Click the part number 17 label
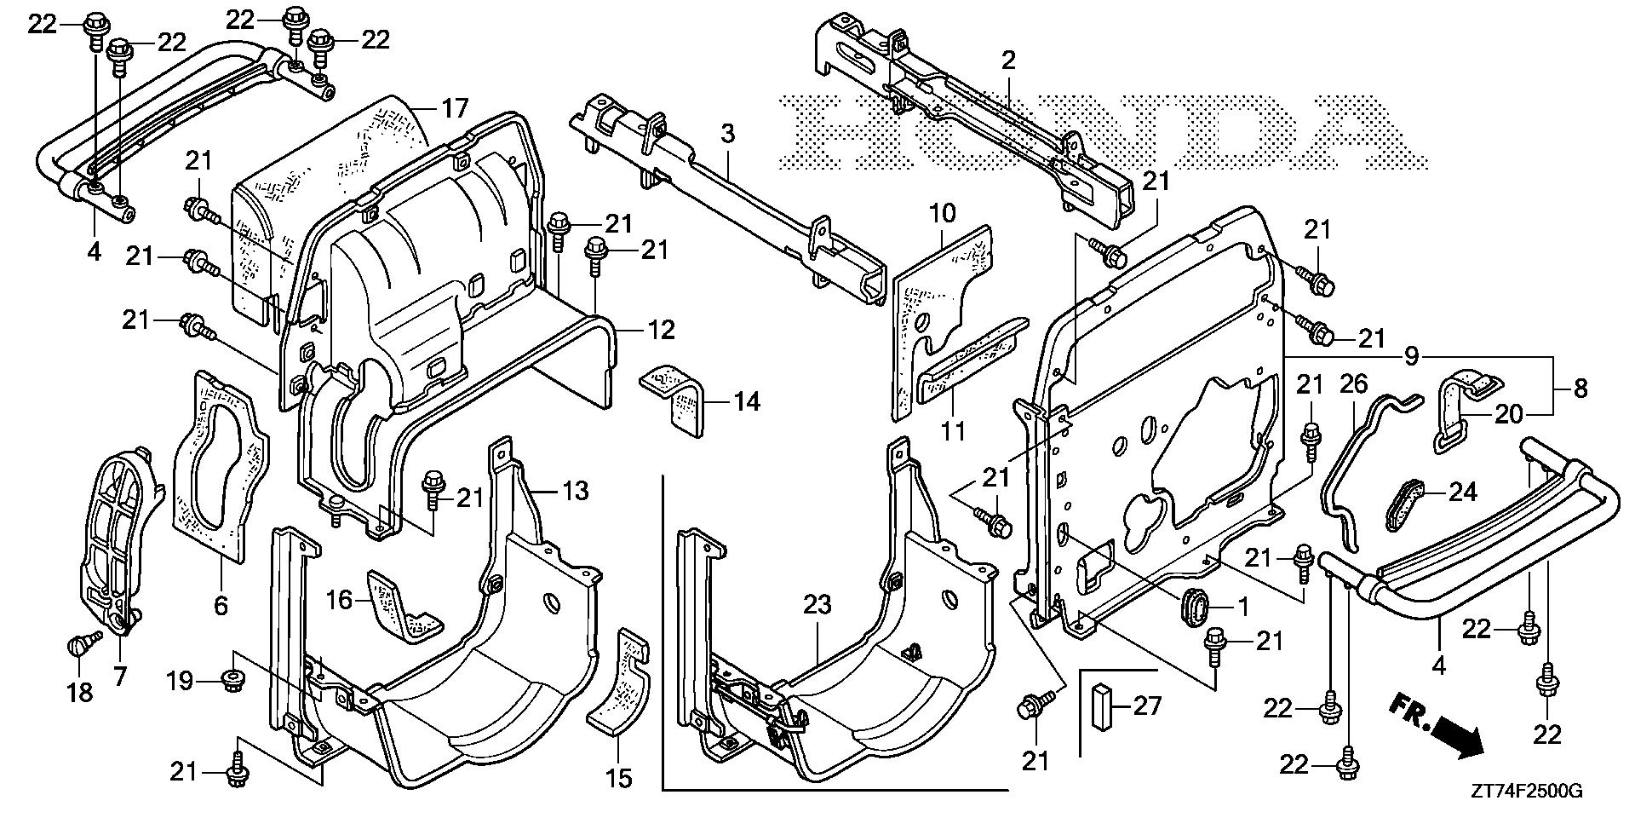point(455,108)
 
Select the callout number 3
point(726,134)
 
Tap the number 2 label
point(1008,60)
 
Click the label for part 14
point(746,400)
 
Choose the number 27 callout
point(1146,706)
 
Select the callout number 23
point(815,606)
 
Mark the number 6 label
point(221,606)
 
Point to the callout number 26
point(1353,384)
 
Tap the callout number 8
point(1580,389)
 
